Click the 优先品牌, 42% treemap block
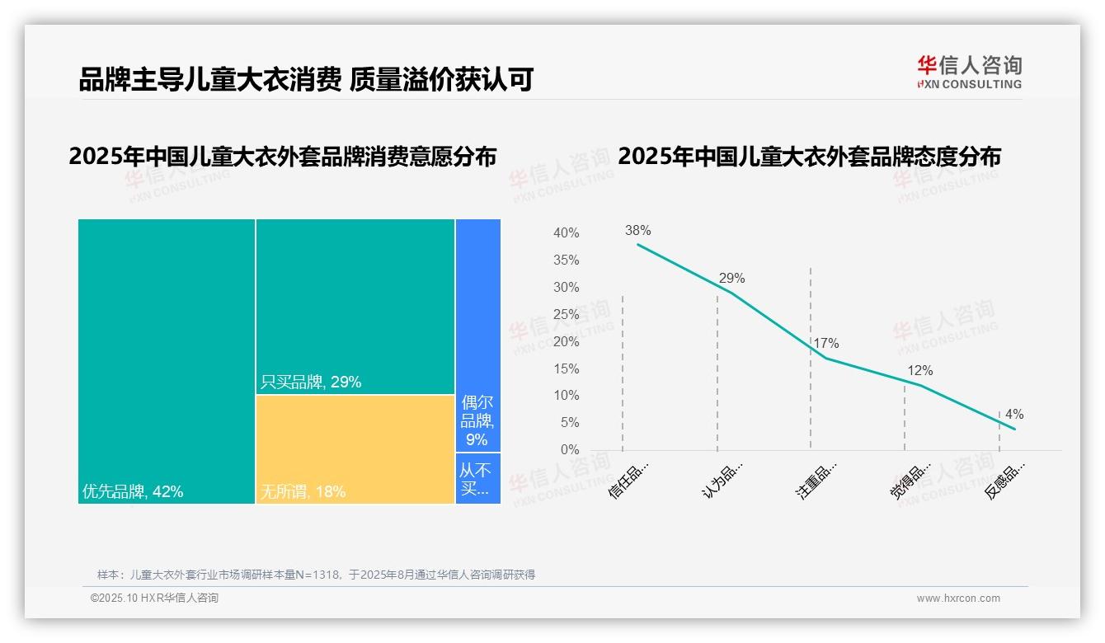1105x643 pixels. click(167, 361)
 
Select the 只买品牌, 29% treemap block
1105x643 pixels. click(355, 307)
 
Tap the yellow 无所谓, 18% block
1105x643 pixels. click(355, 449)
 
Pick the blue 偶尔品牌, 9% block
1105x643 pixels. click(477, 336)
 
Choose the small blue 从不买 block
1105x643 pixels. click(477, 478)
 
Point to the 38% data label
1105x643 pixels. click(637, 231)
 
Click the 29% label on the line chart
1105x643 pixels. click(731, 279)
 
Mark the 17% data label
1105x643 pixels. click(825, 344)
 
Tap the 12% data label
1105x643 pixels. click(919, 371)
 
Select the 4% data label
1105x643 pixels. click(1014, 415)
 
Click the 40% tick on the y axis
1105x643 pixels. click(566, 233)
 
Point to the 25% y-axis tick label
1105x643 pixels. click(566, 315)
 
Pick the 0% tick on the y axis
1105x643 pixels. click(570, 450)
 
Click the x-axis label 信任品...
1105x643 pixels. click(628, 479)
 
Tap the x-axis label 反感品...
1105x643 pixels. click(1005, 481)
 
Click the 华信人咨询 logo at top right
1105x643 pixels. click(969, 72)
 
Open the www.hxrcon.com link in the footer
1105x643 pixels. click(958, 598)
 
